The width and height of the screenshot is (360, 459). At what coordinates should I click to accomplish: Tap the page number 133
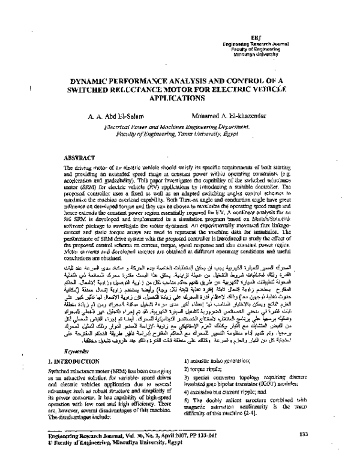[303, 434]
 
